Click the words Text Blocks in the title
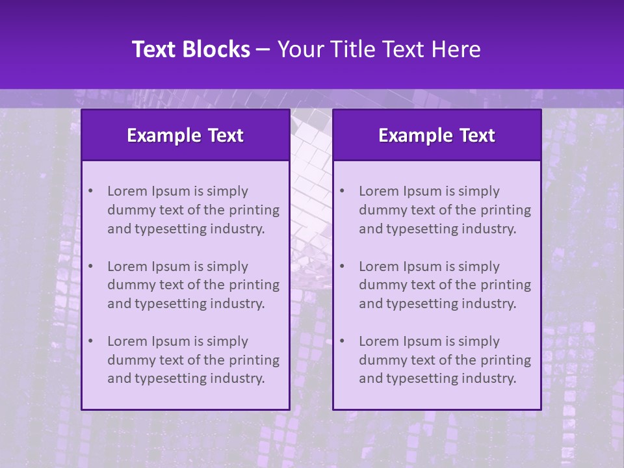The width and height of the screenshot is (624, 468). click(190, 49)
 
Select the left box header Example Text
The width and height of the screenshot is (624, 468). click(185, 135)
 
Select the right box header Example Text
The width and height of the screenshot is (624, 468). click(437, 135)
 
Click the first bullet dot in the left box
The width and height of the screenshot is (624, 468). click(90, 191)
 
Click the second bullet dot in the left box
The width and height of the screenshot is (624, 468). click(90, 266)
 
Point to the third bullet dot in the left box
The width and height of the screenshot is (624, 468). click(90, 341)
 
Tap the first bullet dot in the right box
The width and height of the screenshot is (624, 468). click(342, 191)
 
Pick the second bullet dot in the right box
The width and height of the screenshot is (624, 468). click(342, 266)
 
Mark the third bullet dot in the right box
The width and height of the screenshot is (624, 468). click(342, 341)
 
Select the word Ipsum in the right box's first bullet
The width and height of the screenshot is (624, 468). click(421, 191)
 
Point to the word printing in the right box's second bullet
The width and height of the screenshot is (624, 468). click(504, 285)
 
